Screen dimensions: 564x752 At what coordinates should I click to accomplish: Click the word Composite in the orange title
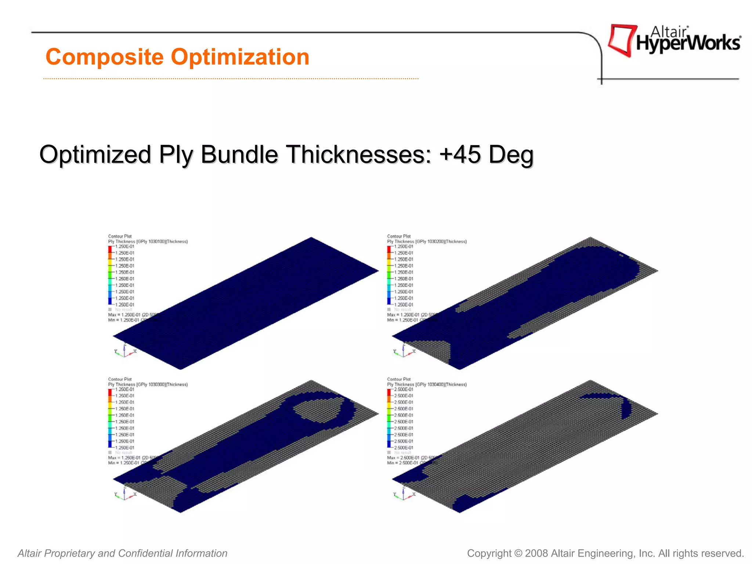[x=104, y=58]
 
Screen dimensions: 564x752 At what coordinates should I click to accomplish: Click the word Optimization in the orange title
[x=240, y=58]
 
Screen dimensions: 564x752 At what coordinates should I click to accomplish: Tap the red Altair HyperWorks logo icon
[x=621, y=40]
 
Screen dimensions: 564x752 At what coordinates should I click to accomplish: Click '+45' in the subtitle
[x=460, y=154]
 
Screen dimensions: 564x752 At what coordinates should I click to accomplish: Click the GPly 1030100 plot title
[x=148, y=242]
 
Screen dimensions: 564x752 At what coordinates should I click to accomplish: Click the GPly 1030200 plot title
[x=427, y=242]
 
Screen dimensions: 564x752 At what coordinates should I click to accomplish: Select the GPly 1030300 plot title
[x=148, y=384]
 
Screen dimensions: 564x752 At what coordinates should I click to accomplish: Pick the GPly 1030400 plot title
[x=427, y=384]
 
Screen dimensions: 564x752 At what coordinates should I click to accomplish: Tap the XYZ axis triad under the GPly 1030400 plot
[x=404, y=494]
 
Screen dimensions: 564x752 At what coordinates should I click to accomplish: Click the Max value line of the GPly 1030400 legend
[x=408, y=458]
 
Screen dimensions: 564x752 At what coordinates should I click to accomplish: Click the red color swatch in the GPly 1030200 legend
[x=389, y=249]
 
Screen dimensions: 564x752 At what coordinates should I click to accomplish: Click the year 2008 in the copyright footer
[x=536, y=553]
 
